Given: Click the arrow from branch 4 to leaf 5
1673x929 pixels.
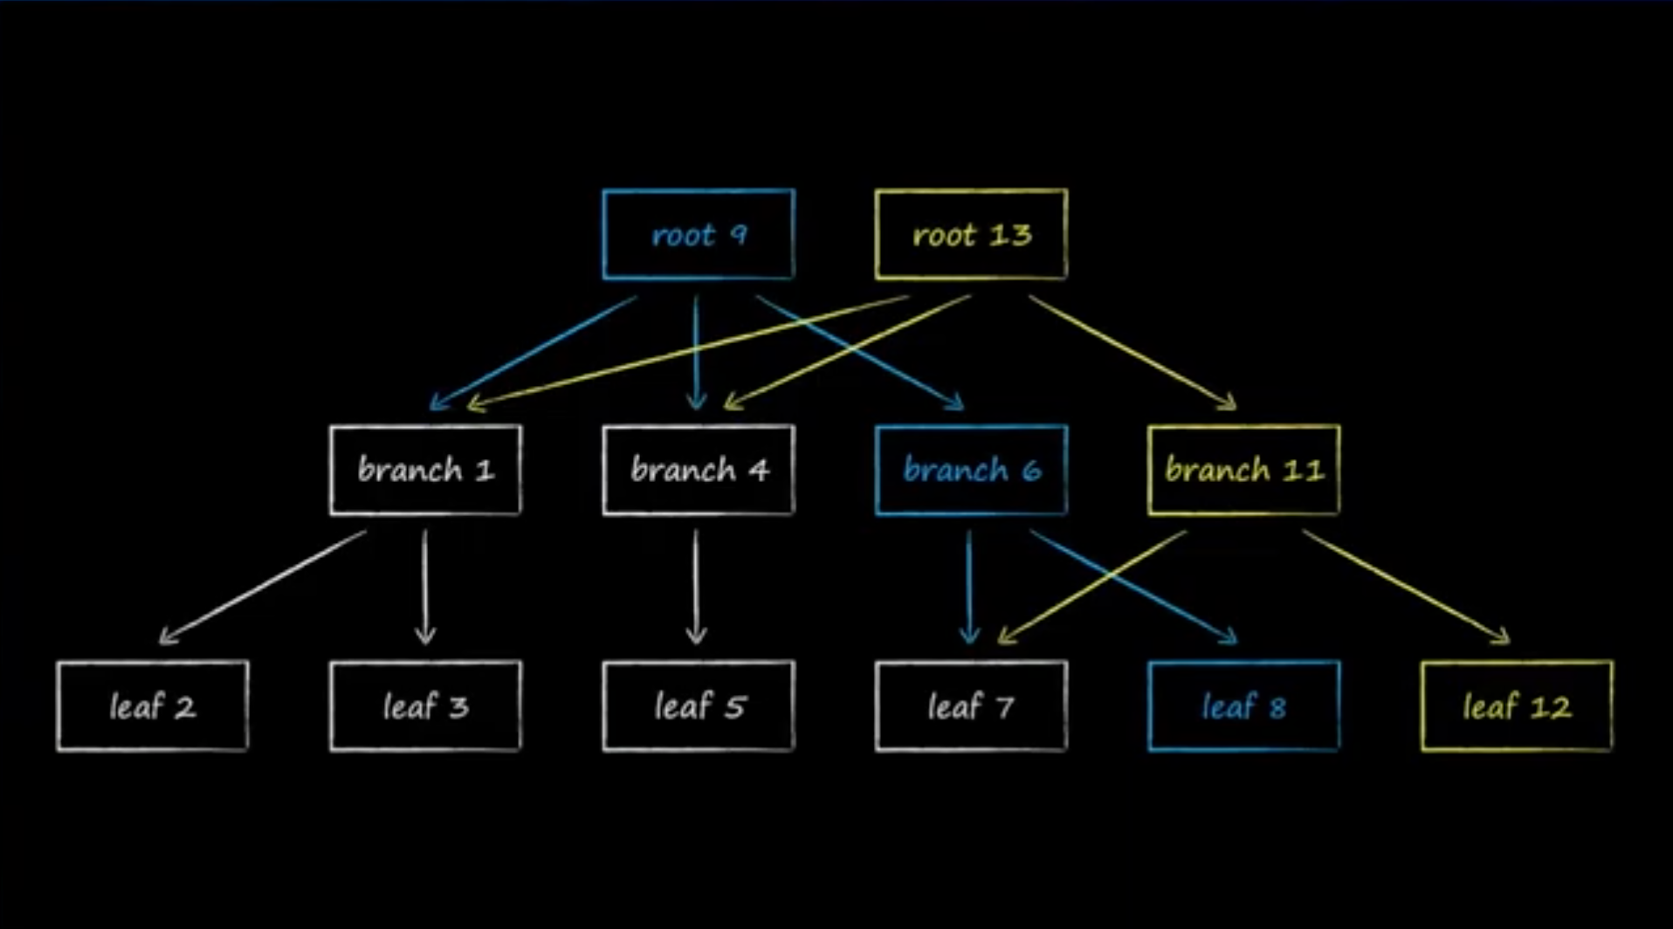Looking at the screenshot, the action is pyautogui.click(x=696, y=587).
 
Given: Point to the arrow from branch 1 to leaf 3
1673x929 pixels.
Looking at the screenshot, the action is pyautogui.click(x=425, y=587).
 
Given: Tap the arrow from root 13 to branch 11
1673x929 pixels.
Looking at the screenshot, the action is pyautogui.click(x=1133, y=353).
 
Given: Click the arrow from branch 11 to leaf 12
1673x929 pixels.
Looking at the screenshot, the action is pyautogui.click(x=1406, y=588).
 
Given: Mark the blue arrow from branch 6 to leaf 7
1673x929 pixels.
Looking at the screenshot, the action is pyautogui.click(x=968, y=587).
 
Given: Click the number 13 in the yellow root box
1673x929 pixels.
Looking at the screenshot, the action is pyautogui.click(x=1011, y=234).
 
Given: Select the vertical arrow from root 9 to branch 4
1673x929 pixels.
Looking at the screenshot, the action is pyautogui.click(x=696, y=353).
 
